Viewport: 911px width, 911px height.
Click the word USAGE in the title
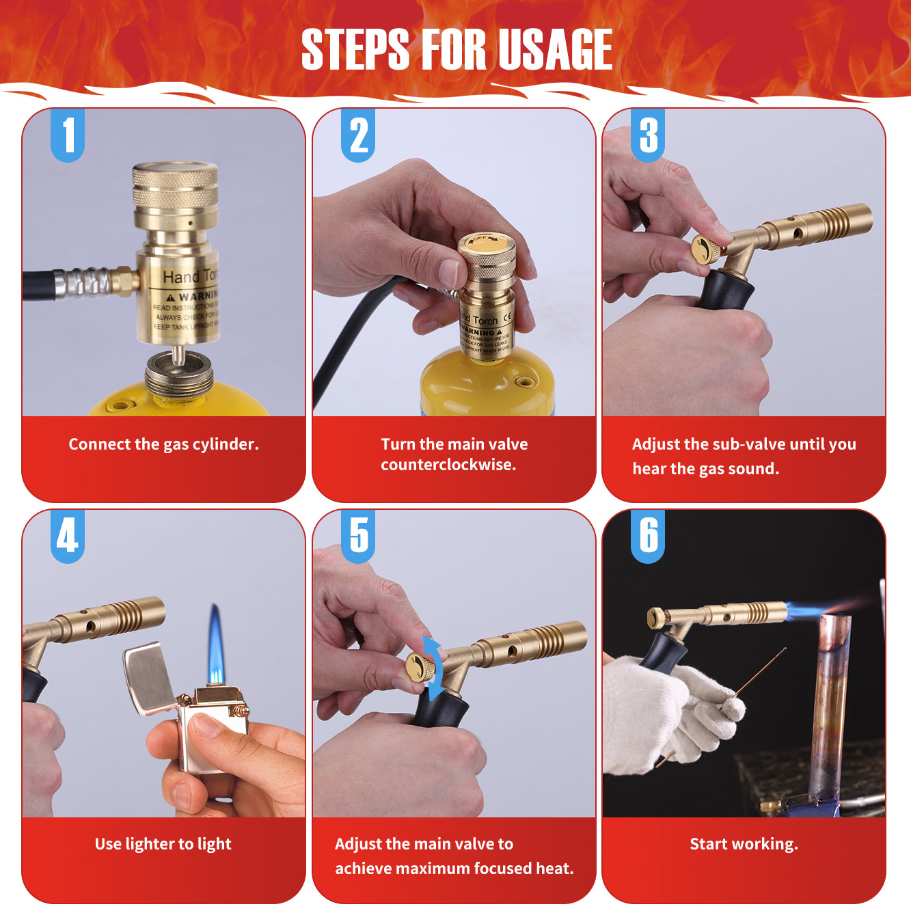(x=554, y=49)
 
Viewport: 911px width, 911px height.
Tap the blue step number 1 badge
(x=68, y=135)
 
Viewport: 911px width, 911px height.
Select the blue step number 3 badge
(x=648, y=135)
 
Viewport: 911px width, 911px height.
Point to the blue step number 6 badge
(x=648, y=535)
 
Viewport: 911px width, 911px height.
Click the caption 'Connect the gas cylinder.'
(x=163, y=444)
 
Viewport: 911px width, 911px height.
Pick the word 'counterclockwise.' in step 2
(x=448, y=465)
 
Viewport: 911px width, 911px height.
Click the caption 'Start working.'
(x=744, y=844)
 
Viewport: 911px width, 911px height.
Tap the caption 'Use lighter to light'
(x=163, y=844)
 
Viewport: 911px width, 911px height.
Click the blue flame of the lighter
(x=216, y=646)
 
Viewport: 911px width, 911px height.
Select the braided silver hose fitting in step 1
(x=82, y=282)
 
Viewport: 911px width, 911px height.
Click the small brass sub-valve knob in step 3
(x=705, y=250)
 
